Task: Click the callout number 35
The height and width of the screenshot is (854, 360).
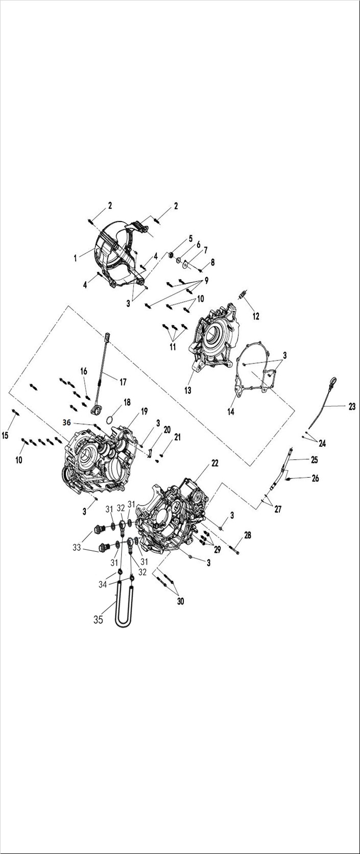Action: point(98,620)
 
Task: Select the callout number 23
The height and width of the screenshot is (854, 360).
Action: point(352,407)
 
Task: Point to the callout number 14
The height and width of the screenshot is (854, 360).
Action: point(231,411)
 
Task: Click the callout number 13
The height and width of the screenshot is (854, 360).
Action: point(188,391)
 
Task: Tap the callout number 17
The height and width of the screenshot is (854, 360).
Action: point(123,381)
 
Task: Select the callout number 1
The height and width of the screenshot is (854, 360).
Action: point(76,258)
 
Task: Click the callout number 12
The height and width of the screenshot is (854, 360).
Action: point(256,316)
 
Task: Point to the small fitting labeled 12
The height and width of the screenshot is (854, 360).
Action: point(244,296)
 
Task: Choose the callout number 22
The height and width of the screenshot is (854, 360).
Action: point(215,463)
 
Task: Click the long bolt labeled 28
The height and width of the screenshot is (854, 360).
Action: point(235,550)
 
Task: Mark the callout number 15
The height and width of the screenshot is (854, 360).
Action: point(6,435)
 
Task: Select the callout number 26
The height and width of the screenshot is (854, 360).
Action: point(315,479)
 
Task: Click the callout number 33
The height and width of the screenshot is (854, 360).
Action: point(77,548)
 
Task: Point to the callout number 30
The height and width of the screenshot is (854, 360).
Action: point(180,601)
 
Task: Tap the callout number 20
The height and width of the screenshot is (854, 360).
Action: point(166,430)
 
